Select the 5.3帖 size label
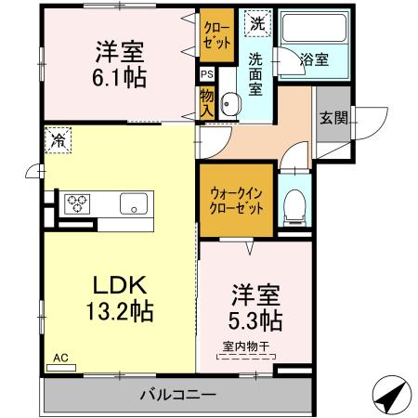pos(256,320)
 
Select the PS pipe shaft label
pos(206,75)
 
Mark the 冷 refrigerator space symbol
pos(58,141)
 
